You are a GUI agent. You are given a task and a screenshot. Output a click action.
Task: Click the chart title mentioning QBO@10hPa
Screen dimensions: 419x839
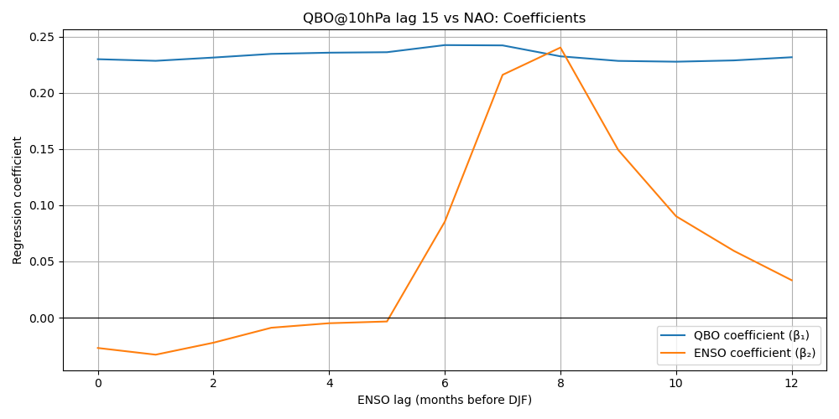coord(444,18)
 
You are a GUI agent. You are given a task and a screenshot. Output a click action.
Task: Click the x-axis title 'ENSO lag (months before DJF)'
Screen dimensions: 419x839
coord(444,400)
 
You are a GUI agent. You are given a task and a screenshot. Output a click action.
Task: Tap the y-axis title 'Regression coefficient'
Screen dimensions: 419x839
coord(18,200)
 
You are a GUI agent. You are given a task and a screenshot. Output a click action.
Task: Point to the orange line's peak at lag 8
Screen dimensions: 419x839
coord(560,48)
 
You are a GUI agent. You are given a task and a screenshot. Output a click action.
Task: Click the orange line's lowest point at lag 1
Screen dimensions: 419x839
coord(155,354)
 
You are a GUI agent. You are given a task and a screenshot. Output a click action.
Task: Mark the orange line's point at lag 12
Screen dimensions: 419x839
coord(791,280)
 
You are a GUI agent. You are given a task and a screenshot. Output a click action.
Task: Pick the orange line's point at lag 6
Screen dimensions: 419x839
coord(445,220)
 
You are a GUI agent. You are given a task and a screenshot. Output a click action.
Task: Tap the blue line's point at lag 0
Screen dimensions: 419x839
coord(98,59)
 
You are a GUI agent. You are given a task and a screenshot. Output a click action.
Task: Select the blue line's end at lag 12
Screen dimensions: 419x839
coord(791,57)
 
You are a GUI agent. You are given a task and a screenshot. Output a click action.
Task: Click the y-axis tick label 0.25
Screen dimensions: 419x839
coord(42,37)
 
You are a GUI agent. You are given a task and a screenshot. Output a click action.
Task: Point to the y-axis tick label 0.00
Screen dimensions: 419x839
coord(42,318)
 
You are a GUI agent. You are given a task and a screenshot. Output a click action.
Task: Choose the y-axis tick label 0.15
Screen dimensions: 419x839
coord(42,149)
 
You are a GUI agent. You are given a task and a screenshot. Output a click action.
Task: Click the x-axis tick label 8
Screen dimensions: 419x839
coord(560,383)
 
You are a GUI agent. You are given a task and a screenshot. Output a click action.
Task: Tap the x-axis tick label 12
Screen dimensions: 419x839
coord(791,383)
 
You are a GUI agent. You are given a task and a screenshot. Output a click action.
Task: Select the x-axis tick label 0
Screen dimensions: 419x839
coord(98,383)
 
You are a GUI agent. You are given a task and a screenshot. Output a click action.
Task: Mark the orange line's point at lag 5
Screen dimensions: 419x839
coord(387,321)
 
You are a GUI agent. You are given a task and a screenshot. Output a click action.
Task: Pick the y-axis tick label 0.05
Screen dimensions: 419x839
coord(42,261)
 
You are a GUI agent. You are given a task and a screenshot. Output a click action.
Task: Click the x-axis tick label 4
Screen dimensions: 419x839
coord(329,383)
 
